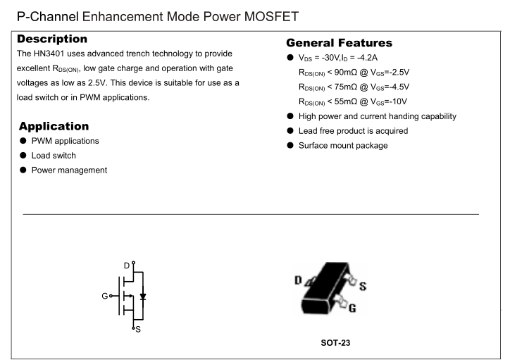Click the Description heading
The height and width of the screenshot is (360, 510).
point(52,38)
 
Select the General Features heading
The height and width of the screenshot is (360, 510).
point(340,43)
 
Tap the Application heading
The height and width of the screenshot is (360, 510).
point(54,127)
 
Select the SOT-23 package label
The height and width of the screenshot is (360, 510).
point(334,343)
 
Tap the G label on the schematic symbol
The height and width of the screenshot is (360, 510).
point(104,296)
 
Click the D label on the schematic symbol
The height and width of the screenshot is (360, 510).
point(127,265)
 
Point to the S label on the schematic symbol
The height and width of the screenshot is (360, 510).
point(137,330)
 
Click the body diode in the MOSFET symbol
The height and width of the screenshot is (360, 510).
point(144,297)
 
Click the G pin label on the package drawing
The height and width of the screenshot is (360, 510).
point(352,309)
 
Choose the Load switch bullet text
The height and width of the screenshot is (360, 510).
point(54,156)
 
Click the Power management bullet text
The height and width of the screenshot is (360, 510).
point(69,170)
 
